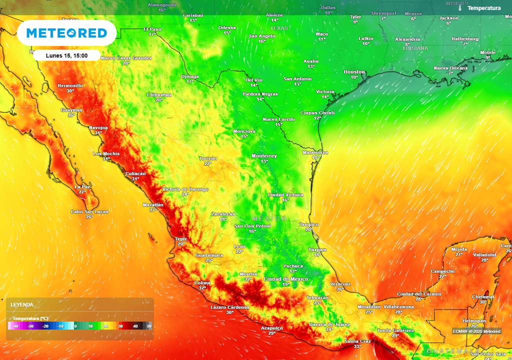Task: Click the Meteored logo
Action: (66, 33)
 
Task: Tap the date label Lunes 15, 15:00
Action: (66, 55)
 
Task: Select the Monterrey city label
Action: (264, 156)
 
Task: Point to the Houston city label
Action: (354, 72)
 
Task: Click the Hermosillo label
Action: (70, 85)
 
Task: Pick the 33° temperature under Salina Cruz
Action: (357, 346)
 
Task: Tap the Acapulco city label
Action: (271, 328)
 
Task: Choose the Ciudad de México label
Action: (286, 279)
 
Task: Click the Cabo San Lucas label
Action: (89, 211)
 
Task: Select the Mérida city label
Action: (459, 249)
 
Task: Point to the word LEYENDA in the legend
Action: (22, 304)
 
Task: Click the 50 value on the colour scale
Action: (149, 326)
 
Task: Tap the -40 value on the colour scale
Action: (16, 326)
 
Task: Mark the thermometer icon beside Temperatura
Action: (460, 8)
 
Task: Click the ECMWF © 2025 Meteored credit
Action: (476, 331)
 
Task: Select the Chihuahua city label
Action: (159, 94)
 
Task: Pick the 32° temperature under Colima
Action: (202, 288)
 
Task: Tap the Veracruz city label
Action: (340, 284)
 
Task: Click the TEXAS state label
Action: (279, 28)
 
